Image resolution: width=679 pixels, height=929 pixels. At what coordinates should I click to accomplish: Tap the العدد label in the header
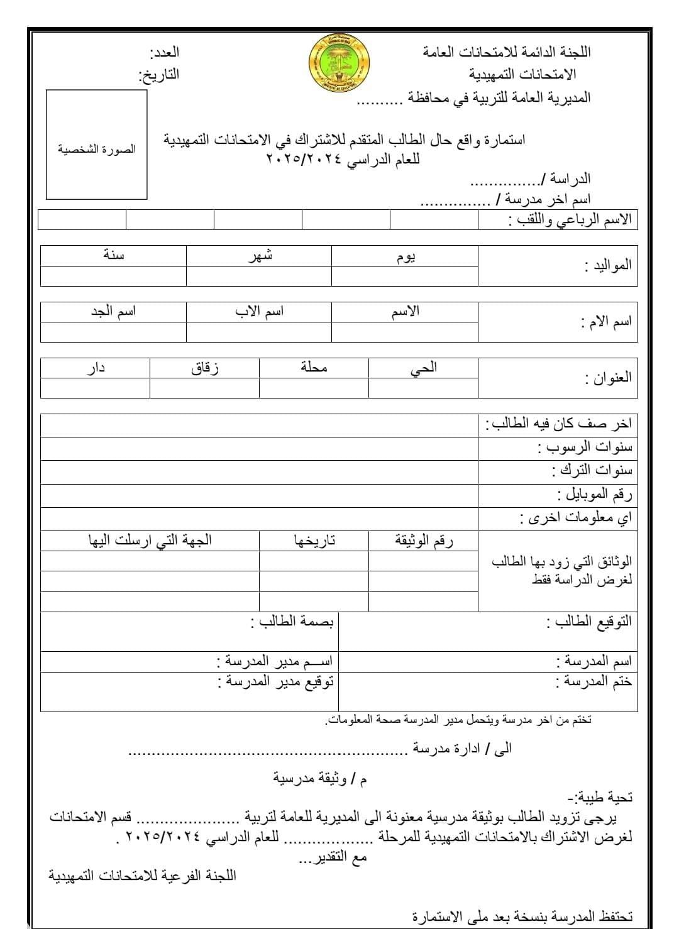[164, 52]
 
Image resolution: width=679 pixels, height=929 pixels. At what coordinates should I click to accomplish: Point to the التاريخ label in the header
[158, 75]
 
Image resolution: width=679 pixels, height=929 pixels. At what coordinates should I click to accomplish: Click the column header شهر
[259, 255]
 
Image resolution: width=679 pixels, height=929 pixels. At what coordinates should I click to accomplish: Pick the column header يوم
[405, 256]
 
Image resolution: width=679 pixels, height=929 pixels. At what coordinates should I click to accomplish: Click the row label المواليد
[607, 265]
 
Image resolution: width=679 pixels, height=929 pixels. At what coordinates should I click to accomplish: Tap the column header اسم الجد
[113, 311]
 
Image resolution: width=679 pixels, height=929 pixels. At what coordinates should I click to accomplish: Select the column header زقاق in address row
[204, 368]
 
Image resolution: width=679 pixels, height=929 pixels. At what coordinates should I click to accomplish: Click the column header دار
[96, 368]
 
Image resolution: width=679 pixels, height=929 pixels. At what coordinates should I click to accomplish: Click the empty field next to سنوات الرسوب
[259, 448]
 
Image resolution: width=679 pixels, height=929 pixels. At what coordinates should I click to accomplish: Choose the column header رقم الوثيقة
[424, 541]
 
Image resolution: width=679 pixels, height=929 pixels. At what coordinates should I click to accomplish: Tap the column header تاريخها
[314, 541]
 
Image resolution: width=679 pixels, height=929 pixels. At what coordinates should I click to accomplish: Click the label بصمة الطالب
[292, 622]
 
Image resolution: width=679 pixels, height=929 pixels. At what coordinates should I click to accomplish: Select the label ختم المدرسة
[594, 681]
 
